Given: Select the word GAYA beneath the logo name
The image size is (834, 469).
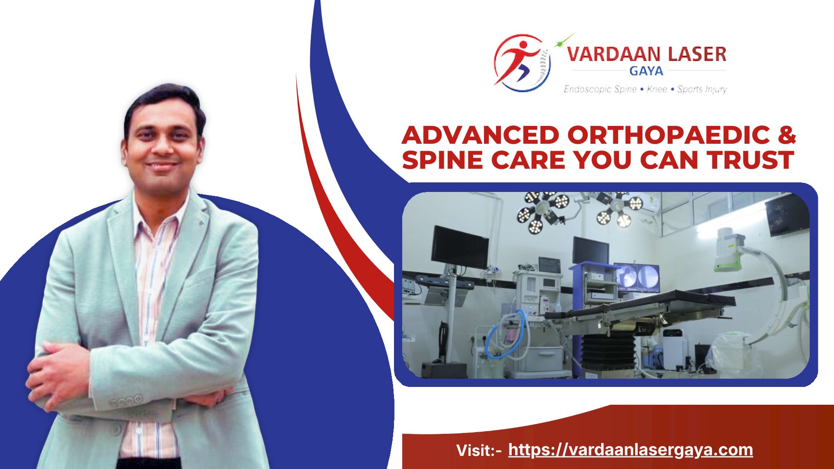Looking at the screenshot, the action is point(646,71).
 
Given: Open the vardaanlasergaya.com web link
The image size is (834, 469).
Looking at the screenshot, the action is point(630,450).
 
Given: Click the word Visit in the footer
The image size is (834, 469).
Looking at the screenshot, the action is point(474,450).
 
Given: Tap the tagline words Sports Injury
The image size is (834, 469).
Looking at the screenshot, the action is point(702,89).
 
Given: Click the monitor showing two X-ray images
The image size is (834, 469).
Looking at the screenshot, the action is point(637,277).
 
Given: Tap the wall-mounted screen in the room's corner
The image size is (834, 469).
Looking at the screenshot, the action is point(787,215).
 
